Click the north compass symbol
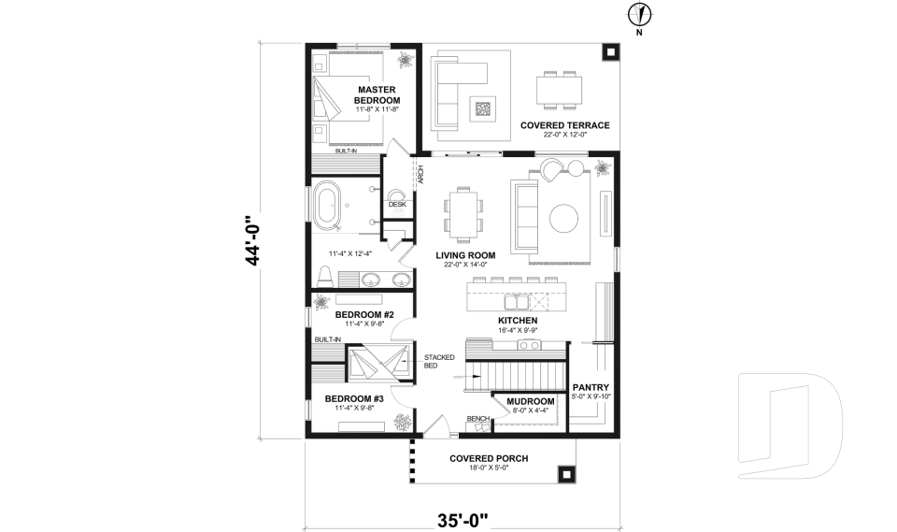pyautogui.click(x=640, y=14)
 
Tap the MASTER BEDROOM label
pyautogui.click(x=377, y=95)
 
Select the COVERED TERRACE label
pyautogui.click(x=565, y=125)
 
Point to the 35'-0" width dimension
pyautogui.click(x=463, y=520)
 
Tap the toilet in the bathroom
pyautogui.click(x=324, y=276)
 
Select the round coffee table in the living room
pyautogui.click(x=563, y=218)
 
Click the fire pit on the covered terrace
pyautogui.click(x=483, y=108)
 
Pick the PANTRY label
pyautogui.click(x=591, y=388)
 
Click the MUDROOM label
pyautogui.click(x=531, y=401)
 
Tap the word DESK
pyautogui.click(x=397, y=205)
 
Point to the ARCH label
pyautogui.click(x=420, y=175)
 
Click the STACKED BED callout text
pyautogui.click(x=439, y=361)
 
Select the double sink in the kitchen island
pyautogui.click(x=516, y=302)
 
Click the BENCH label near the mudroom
pyautogui.click(x=477, y=419)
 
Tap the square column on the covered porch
pyautogui.click(x=566, y=474)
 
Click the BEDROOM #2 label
pyautogui.click(x=364, y=315)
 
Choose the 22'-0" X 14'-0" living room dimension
pyautogui.click(x=465, y=265)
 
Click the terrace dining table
pyautogui.click(x=560, y=90)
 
